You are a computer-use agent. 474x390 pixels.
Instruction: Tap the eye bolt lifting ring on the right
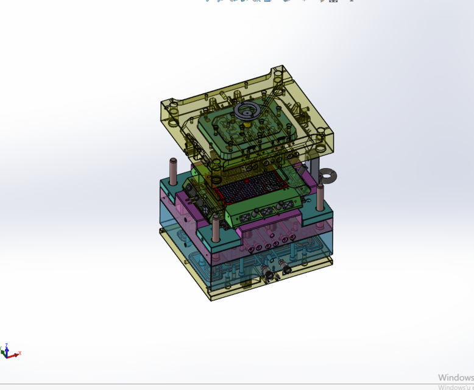[328, 177]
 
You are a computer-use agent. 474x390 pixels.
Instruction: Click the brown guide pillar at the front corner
[216, 228]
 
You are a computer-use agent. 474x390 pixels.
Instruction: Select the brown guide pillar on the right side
[319, 199]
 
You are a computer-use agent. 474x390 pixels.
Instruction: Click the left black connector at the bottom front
[267, 275]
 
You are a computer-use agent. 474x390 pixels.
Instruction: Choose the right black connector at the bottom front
[284, 266]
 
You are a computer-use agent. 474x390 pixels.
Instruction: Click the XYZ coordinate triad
[10, 352]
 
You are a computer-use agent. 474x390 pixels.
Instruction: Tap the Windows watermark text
[455, 378]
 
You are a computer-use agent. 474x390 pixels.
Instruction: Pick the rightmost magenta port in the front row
[285, 241]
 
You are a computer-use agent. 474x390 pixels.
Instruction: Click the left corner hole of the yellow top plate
[171, 110]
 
